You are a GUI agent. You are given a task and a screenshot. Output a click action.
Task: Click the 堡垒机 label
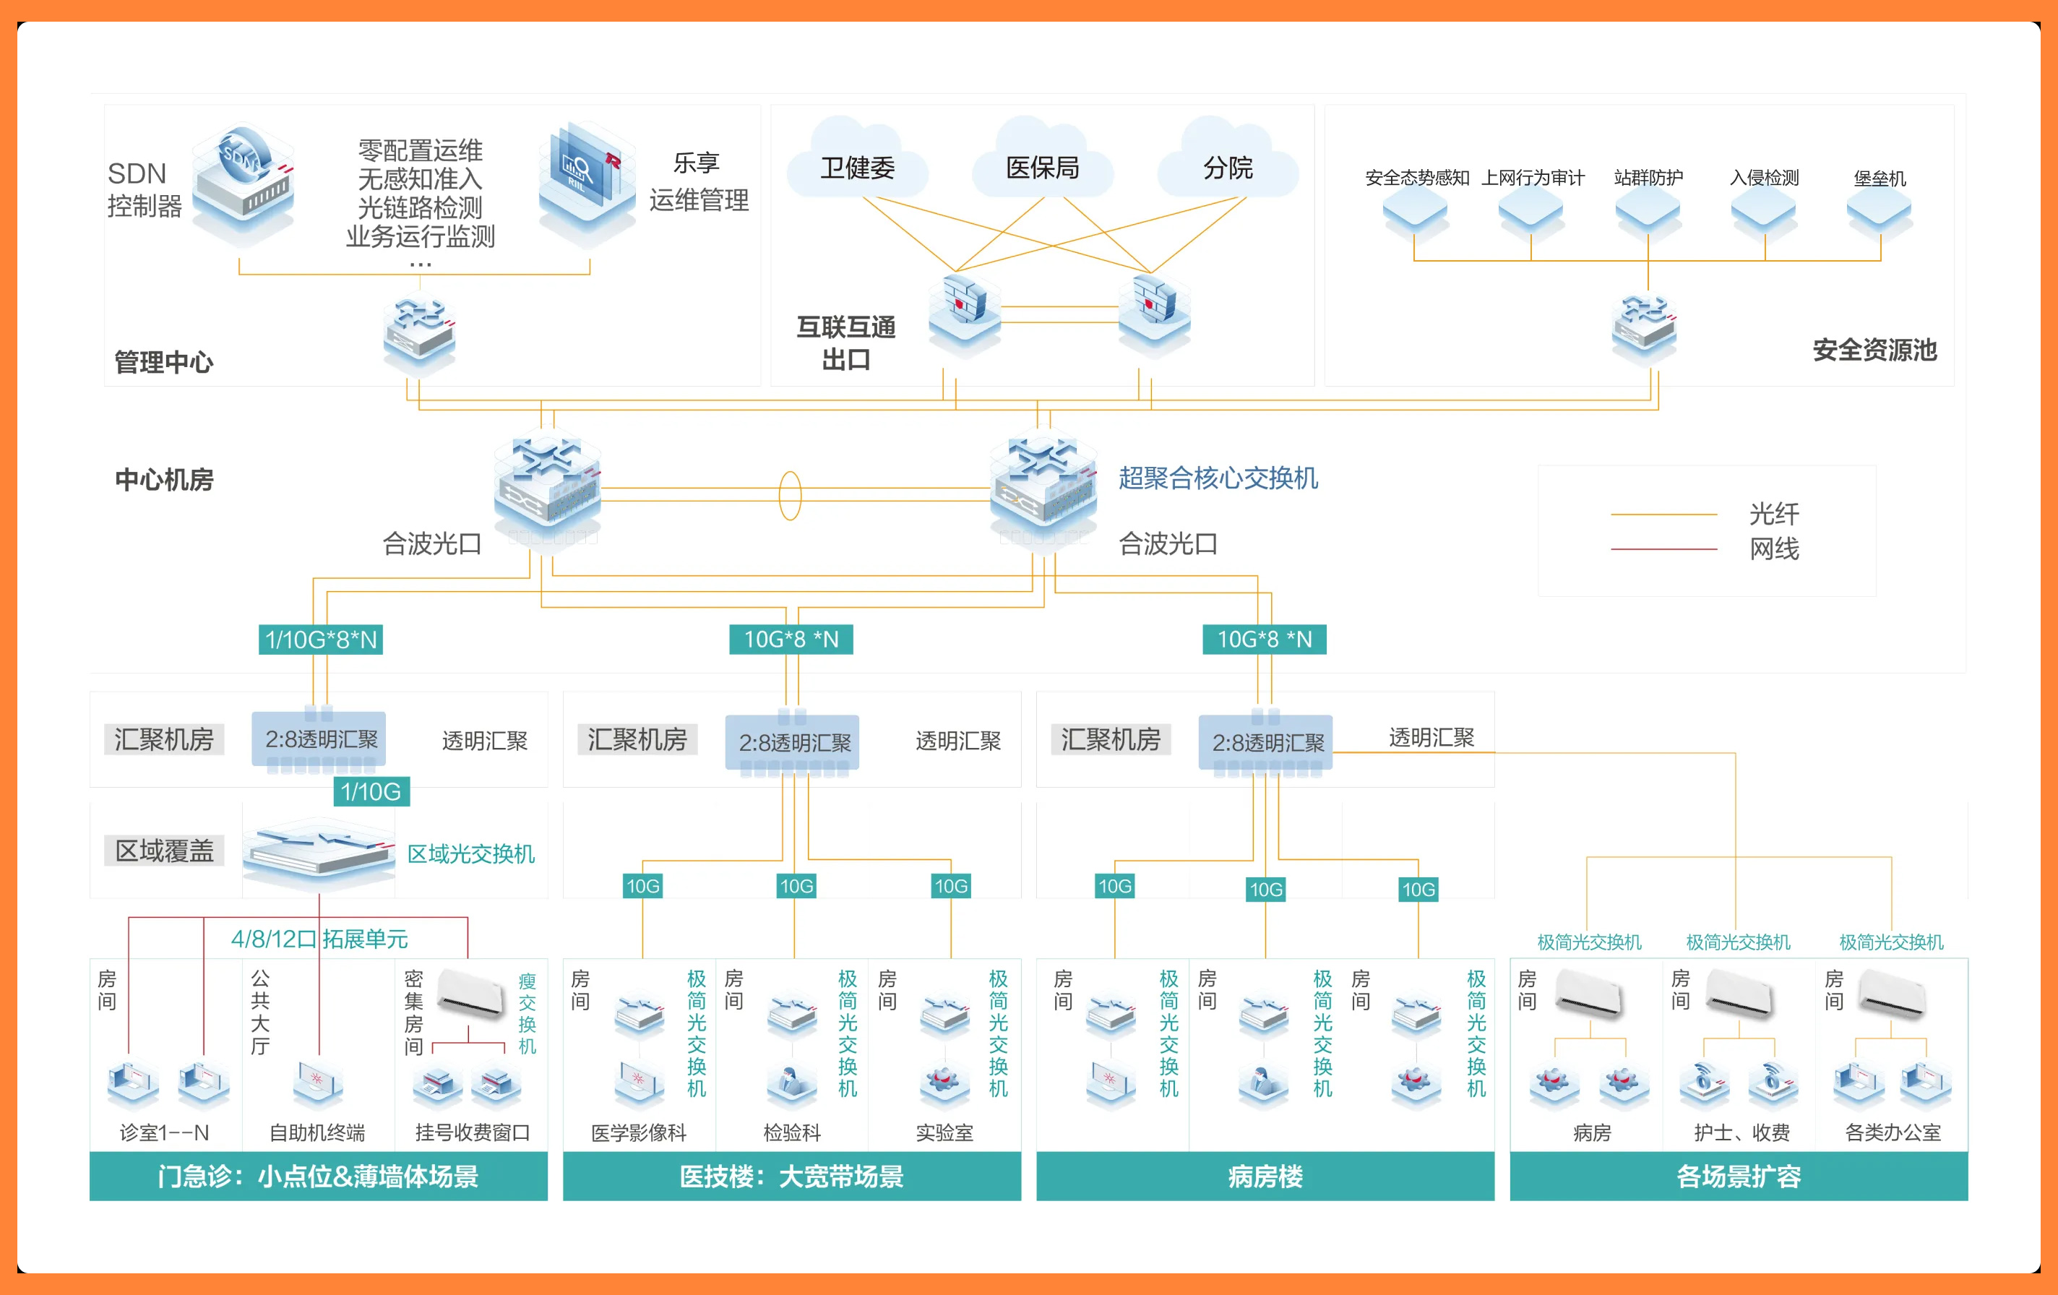[x=1880, y=178]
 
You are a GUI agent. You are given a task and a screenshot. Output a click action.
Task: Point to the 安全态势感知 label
[x=1417, y=178]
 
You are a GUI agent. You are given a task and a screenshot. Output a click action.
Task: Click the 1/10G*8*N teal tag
[x=321, y=640]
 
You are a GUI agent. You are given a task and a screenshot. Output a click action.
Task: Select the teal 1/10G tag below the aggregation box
[x=371, y=791]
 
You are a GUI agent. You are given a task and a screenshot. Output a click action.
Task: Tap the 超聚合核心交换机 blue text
[x=1218, y=478]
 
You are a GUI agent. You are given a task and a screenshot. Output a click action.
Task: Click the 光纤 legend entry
[x=1773, y=514]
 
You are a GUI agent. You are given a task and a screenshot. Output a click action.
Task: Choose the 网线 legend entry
[x=1773, y=548]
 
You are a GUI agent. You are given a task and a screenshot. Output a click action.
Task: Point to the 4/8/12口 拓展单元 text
[x=319, y=939]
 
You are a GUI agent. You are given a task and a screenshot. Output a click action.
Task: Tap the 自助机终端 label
[x=317, y=1132]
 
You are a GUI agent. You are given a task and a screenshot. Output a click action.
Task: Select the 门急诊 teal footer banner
[x=318, y=1176]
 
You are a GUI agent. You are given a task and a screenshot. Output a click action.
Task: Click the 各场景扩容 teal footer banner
[x=1739, y=1176]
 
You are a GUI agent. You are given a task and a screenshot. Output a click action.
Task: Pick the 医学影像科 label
[x=638, y=1132]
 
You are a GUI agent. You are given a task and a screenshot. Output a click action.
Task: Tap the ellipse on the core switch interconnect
[x=791, y=496]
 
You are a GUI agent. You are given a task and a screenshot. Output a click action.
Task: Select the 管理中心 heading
[x=164, y=361]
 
